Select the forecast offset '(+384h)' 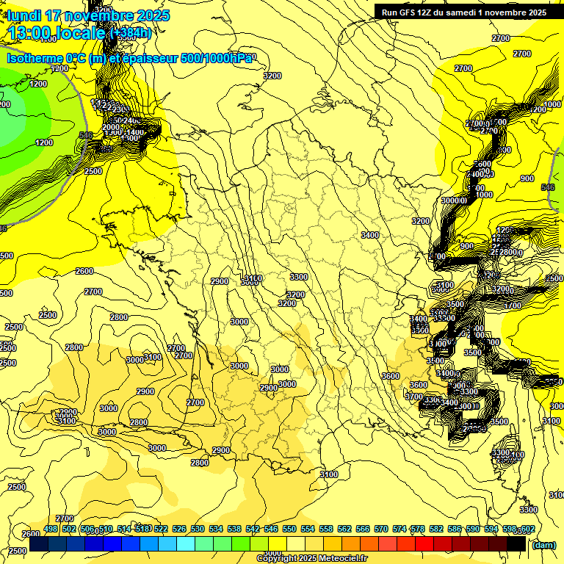coord(130,32)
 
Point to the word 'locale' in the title coord(83,32)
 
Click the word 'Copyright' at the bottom coord(276,559)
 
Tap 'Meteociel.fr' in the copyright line coord(341,559)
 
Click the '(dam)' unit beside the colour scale coord(543,544)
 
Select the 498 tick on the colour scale coord(51,529)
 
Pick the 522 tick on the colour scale coord(161,529)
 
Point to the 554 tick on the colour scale coord(308,529)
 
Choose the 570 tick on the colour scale coord(381,529)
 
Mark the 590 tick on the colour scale coord(473,529)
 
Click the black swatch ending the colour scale coord(516,544)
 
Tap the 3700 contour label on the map coord(413,397)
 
